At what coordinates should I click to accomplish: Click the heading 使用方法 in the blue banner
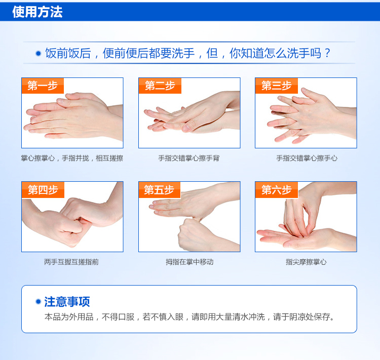(37, 12)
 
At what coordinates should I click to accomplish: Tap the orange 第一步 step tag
(43, 86)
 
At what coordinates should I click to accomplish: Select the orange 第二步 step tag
(160, 86)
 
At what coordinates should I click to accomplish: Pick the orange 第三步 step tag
(277, 86)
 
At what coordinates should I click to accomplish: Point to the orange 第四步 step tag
(43, 190)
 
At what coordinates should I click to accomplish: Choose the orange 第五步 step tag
(160, 190)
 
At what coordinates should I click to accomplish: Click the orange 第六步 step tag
(277, 190)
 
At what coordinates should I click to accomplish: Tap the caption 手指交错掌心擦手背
(189, 158)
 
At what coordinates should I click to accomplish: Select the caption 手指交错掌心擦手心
(307, 158)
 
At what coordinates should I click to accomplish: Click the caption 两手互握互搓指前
(71, 262)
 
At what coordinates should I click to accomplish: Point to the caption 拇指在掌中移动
(189, 262)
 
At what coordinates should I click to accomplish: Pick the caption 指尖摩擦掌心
(306, 262)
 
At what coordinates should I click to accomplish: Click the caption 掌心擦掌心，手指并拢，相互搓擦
(72, 158)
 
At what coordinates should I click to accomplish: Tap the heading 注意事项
(67, 302)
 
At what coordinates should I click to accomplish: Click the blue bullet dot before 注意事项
(38, 302)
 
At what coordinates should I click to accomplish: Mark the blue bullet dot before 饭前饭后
(39, 53)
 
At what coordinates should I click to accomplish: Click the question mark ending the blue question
(327, 53)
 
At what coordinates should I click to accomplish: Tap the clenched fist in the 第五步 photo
(194, 234)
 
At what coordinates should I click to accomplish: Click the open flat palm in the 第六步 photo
(298, 238)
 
